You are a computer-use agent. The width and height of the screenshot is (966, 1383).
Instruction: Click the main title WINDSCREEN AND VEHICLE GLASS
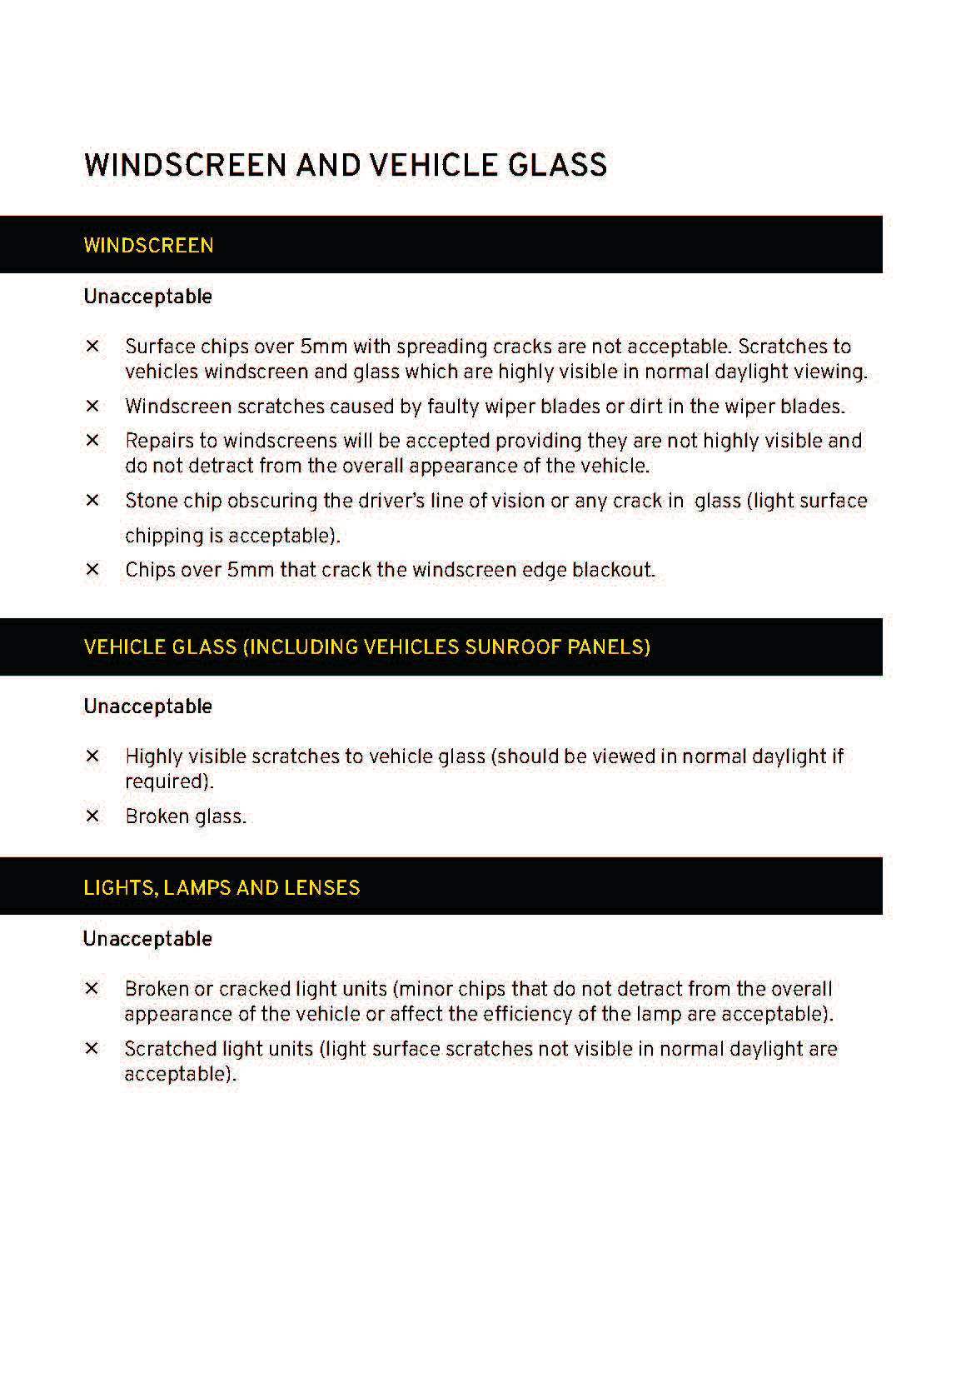click(x=345, y=164)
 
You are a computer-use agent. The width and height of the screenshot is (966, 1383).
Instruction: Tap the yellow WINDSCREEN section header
click(x=148, y=246)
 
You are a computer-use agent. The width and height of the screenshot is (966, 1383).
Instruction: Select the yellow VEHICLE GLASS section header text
click(x=366, y=647)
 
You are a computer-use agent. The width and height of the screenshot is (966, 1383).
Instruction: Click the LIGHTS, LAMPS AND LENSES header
click(x=222, y=887)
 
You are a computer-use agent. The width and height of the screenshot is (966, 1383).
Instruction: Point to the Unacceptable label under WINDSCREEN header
click(x=147, y=297)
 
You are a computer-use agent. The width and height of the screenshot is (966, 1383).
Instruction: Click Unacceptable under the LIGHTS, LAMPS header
click(x=147, y=939)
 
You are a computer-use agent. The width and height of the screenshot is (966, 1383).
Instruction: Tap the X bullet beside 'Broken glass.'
click(x=92, y=816)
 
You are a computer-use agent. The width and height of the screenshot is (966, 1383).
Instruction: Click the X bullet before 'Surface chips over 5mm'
click(x=92, y=347)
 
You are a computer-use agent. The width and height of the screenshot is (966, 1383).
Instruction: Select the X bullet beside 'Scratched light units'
click(x=92, y=1049)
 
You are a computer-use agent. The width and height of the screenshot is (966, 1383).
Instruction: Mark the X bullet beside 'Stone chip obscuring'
click(x=92, y=501)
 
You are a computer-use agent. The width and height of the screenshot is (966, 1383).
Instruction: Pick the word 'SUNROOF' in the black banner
click(x=512, y=647)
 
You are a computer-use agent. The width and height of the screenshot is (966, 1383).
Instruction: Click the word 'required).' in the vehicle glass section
click(x=169, y=781)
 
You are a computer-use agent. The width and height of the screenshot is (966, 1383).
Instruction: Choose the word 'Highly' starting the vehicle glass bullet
click(x=154, y=756)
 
